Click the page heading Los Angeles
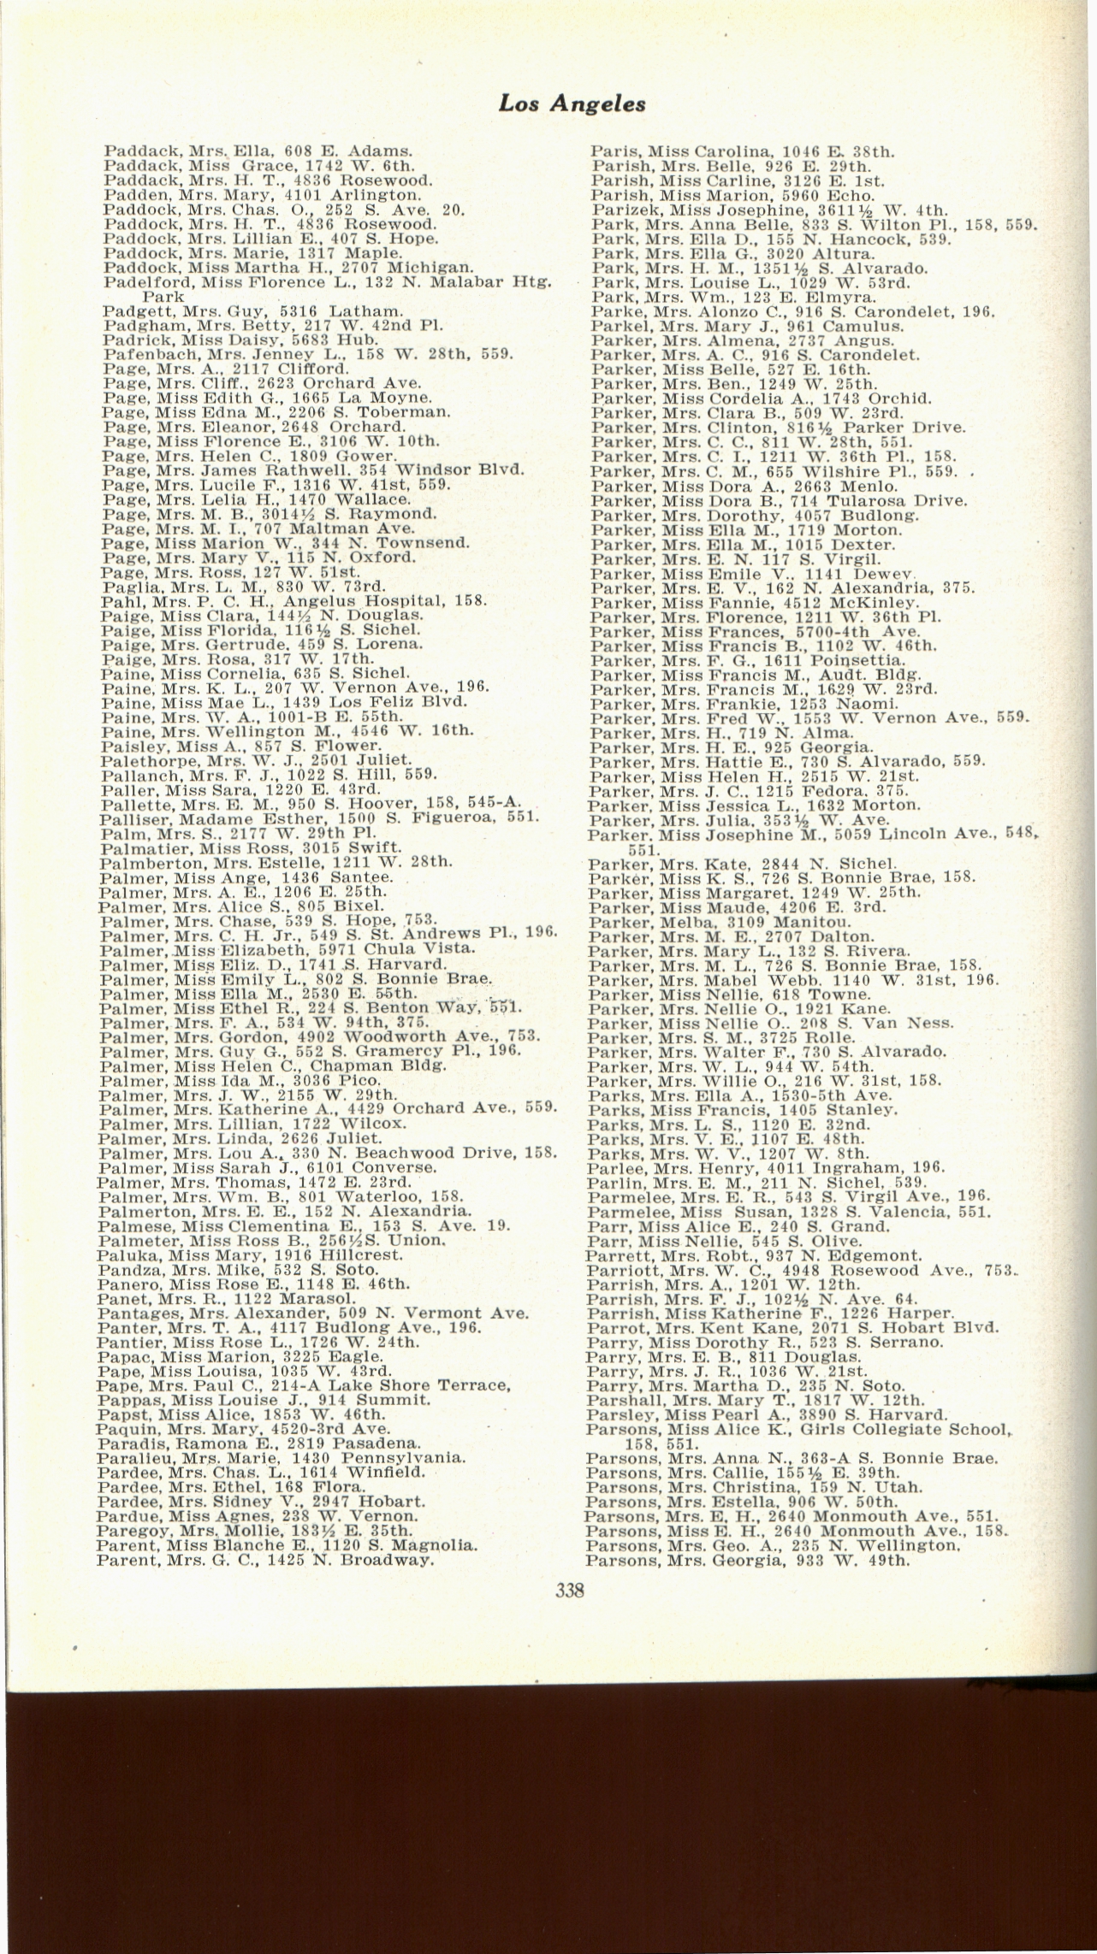[572, 104]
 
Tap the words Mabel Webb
[761, 980]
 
